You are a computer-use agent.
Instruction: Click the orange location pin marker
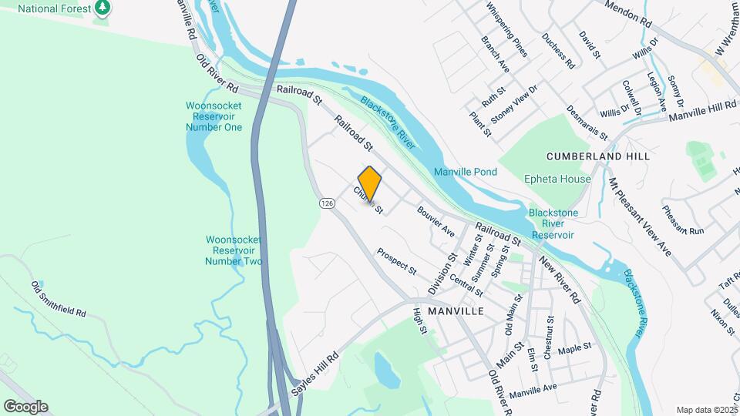[370, 184]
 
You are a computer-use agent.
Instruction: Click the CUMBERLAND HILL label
[598, 156]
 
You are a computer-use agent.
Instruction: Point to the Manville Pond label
[465, 172]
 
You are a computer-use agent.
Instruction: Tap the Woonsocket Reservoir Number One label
[214, 116]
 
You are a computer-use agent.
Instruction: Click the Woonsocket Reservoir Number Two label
[234, 250]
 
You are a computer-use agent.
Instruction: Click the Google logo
[25, 407]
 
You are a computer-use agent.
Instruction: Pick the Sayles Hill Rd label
[315, 375]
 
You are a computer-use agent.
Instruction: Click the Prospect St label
[396, 262]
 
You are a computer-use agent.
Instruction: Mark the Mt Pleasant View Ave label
[640, 217]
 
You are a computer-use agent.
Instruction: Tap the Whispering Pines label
[507, 30]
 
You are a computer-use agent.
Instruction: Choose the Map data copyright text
[705, 409]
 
